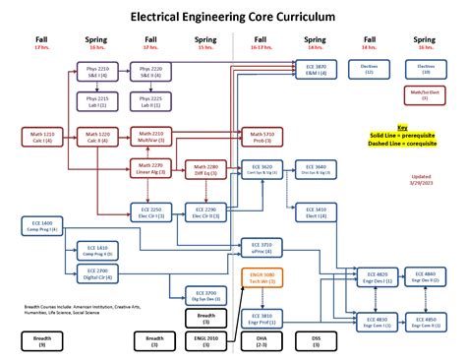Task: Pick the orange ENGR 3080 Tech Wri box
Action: coord(261,279)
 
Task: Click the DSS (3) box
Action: coord(315,340)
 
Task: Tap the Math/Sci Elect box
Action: coord(425,94)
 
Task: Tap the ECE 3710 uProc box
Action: coord(261,247)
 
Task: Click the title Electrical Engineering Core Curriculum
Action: coord(232,18)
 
